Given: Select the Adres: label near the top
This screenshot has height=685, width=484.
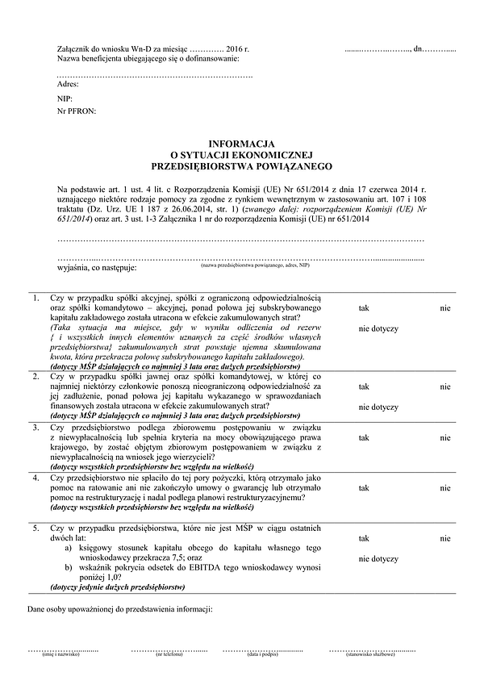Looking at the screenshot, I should pyautogui.click(x=69, y=84).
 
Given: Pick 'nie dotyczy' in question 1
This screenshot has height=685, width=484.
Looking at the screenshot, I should pyautogui.click(x=378, y=328).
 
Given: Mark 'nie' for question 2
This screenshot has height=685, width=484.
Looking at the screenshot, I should pyautogui.click(x=445, y=386).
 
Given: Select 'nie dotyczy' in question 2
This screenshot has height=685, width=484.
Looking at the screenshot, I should pyautogui.click(x=378, y=406).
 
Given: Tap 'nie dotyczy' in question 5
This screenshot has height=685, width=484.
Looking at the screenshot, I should pyautogui.click(x=378, y=558).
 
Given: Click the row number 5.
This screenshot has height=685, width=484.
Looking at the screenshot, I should pyautogui.click(x=35, y=528).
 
